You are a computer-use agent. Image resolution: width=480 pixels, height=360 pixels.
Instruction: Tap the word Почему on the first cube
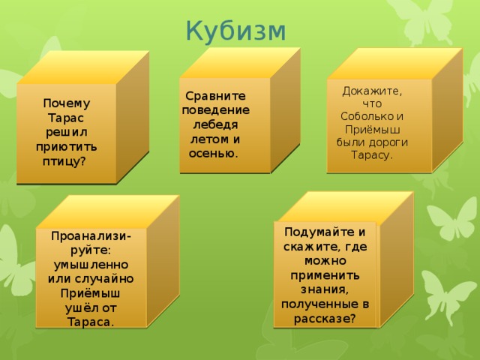click(66, 103)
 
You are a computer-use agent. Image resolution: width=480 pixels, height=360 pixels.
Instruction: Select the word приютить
click(66, 147)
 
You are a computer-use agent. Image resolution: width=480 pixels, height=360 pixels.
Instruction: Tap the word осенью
click(214, 154)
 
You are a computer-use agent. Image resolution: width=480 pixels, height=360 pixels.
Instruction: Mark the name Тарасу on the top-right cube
click(372, 155)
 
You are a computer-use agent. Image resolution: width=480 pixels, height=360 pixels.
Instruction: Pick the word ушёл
click(80, 307)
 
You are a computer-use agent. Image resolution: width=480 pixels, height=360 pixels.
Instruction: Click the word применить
click(325, 274)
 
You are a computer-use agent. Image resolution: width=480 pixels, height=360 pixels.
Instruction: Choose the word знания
click(325, 289)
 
